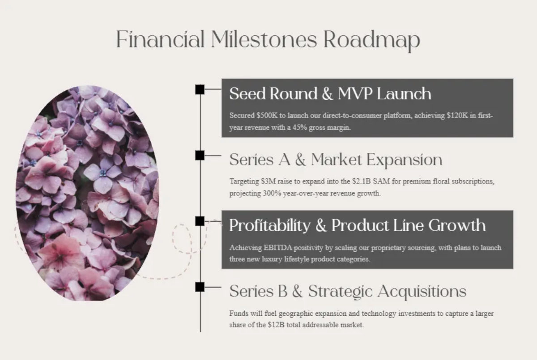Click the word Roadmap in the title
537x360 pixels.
(x=371, y=39)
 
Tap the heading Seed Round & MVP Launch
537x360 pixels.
(x=330, y=94)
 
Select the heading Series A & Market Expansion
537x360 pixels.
(x=336, y=160)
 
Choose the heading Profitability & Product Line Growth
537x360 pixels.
(x=357, y=225)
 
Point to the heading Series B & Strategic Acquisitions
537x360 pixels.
(x=348, y=291)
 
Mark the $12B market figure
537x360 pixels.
(x=277, y=325)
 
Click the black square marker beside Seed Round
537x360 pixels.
(x=200, y=89)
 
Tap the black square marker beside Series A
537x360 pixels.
(x=200, y=155)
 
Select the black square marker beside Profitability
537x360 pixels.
(x=200, y=221)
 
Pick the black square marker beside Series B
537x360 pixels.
(x=200, y=287)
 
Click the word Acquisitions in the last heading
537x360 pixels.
(x=422, y=291)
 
